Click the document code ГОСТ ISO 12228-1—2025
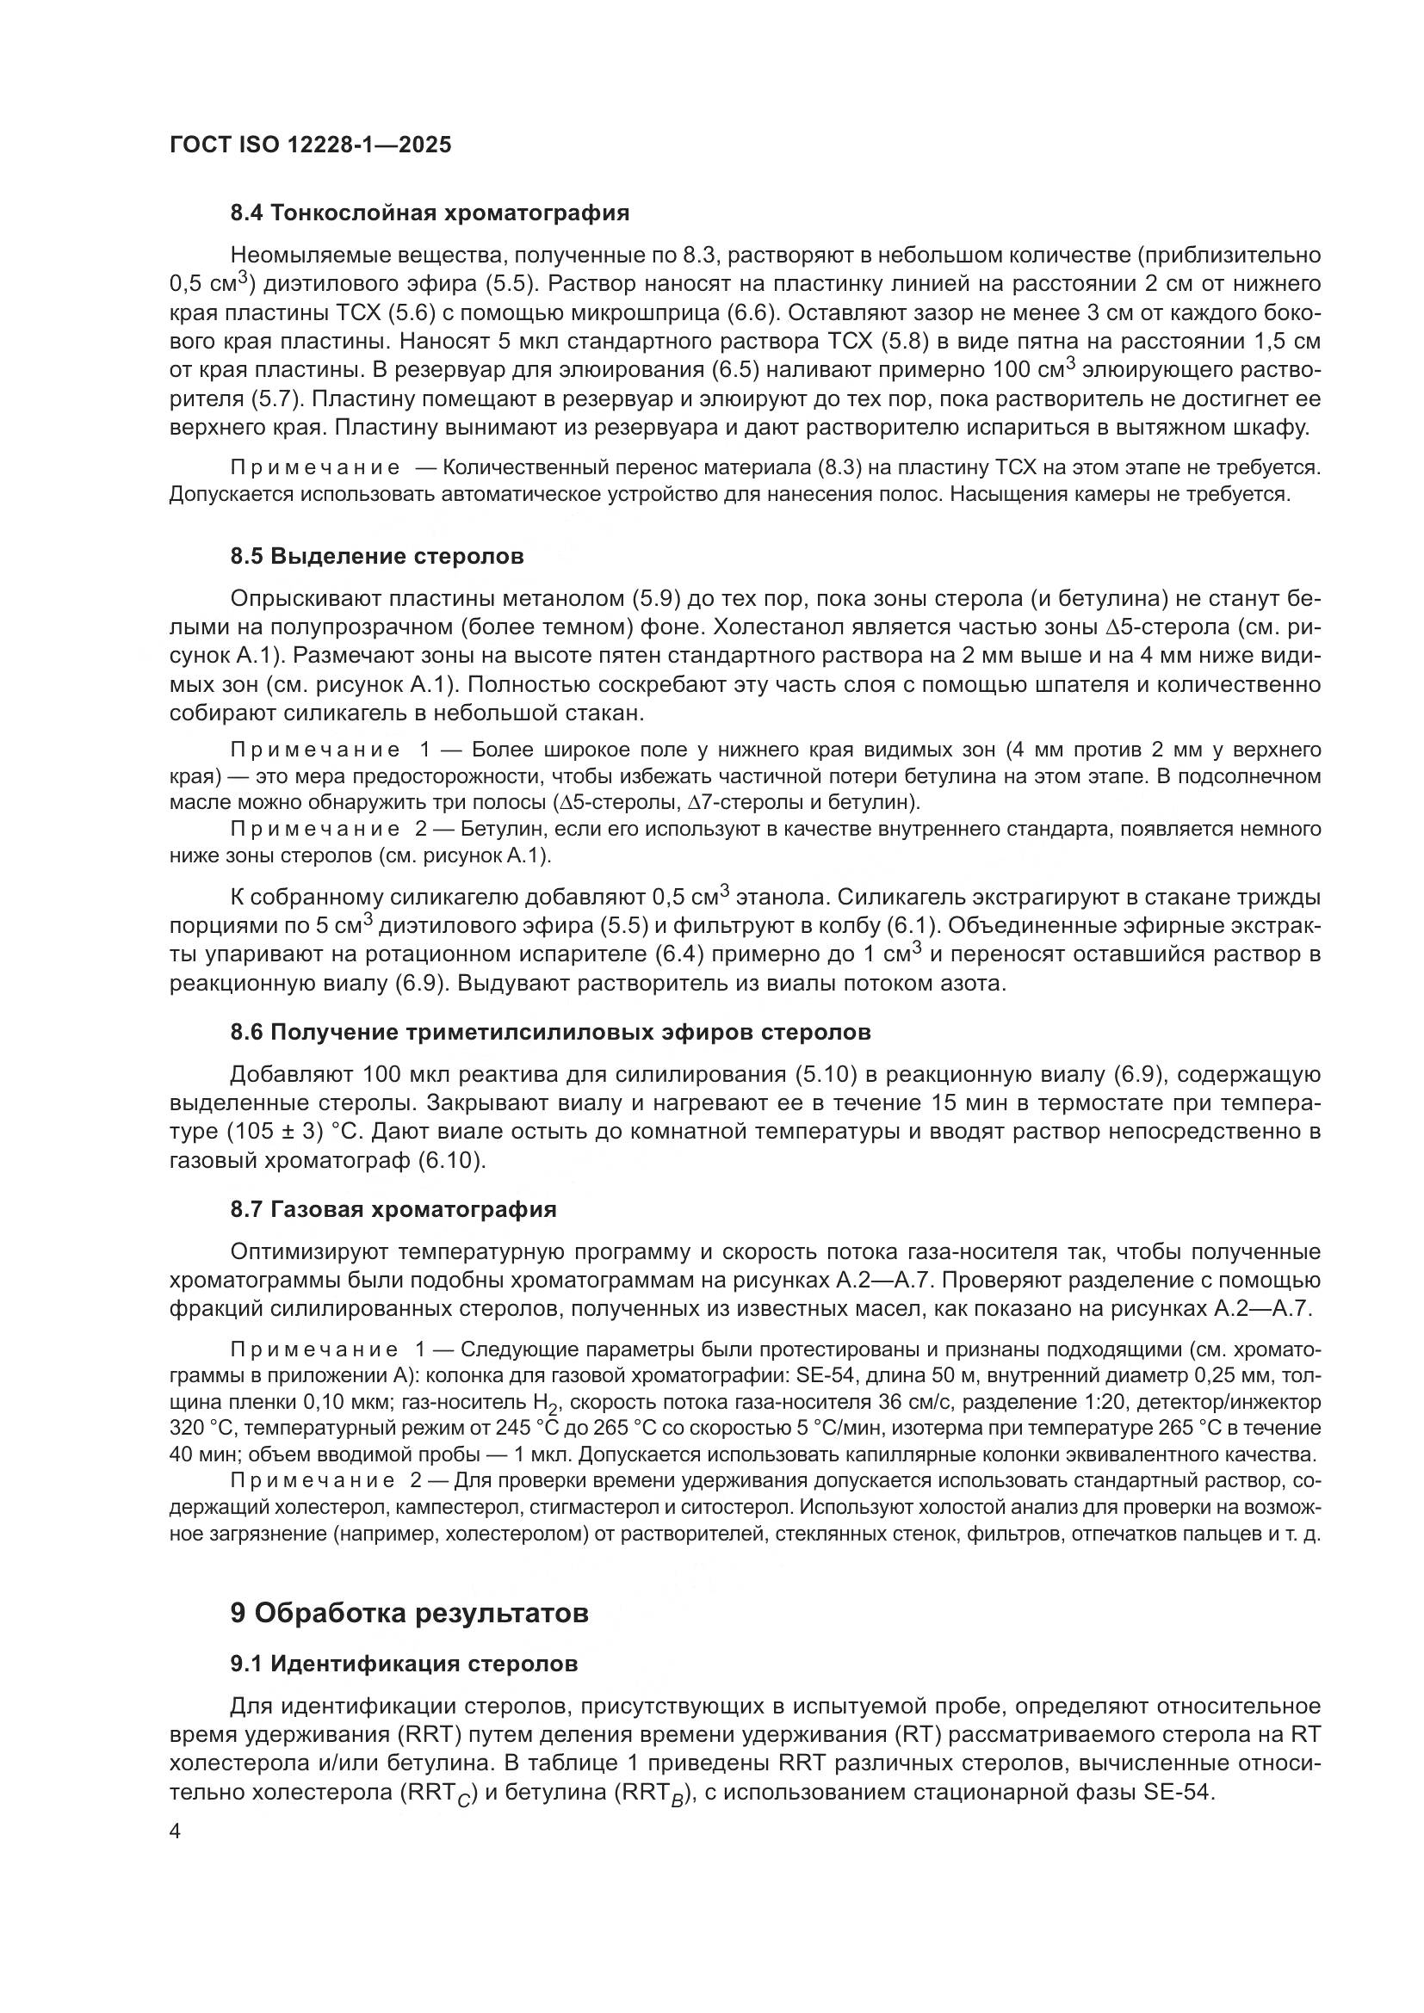[x=311, y=145]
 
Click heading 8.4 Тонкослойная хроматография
[x=430, y=213]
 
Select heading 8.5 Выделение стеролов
[x=377, y=556]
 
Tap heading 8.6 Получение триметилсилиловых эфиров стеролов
[x=550, y=1032]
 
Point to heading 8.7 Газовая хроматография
[x=393, y=1209]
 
